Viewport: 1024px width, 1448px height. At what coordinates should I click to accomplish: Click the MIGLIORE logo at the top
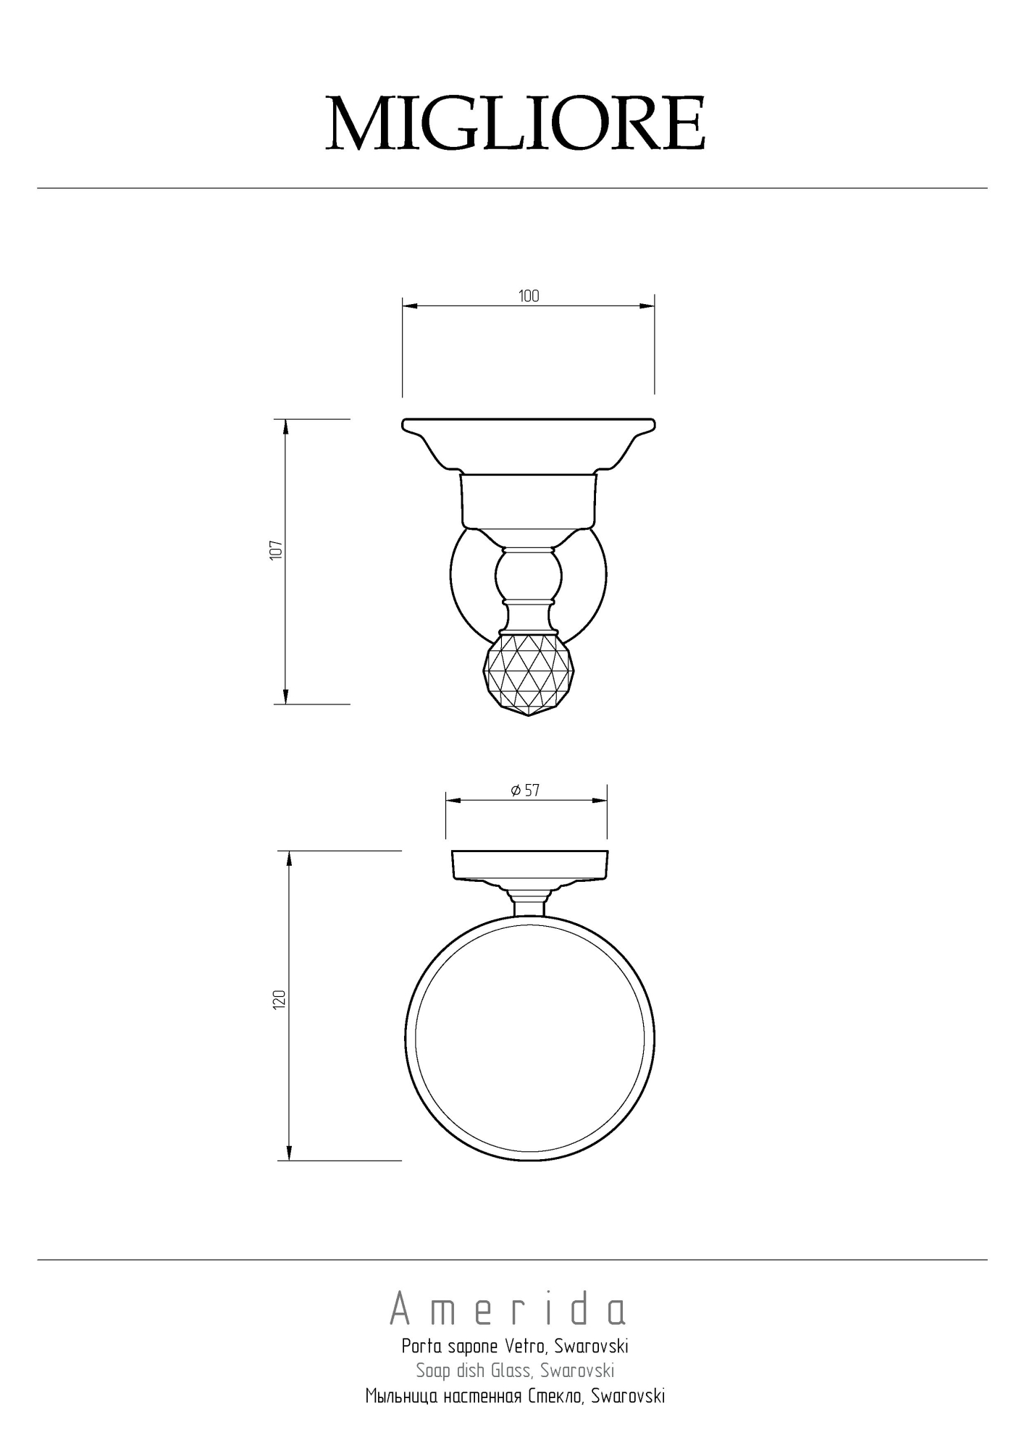tap(516, 123)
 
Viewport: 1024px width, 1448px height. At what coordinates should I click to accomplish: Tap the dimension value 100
tap(529, 296)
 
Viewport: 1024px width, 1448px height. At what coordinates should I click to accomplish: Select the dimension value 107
tap(275, 550)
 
